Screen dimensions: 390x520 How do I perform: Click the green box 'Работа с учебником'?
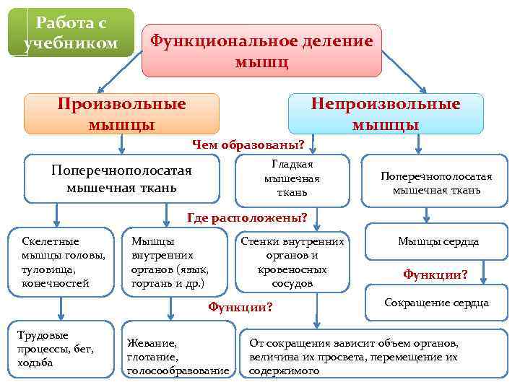(71, 33)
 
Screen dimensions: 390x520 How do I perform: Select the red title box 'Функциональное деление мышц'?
(261, 51)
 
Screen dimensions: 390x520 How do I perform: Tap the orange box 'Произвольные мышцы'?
(121, 114)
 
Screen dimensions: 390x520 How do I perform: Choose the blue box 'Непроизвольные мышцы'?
(385, 114)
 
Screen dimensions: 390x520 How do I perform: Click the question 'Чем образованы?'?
(248, 144)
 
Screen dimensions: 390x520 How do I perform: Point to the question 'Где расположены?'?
(247, 217)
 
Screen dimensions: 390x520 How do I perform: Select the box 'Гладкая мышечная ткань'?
(292, 178)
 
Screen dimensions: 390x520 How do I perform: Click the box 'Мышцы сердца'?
(438, 243)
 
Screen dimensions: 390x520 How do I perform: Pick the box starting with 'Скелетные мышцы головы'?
(61, 261)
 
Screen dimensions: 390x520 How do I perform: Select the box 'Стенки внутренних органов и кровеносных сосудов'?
(292, 261)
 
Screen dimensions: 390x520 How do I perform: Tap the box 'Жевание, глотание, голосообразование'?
(177, 357)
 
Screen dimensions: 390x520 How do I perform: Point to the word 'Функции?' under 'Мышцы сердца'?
(435, 274)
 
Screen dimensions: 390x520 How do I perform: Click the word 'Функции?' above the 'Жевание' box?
(240, 307)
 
